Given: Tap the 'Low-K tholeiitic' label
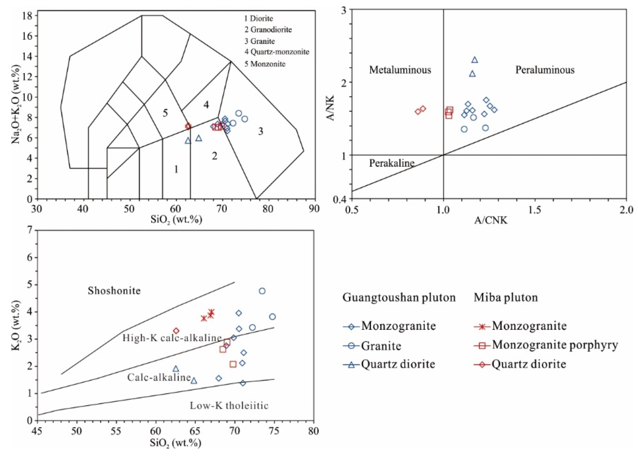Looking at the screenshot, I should [x=229, y=405].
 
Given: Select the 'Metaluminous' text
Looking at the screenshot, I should [x=400, y=70].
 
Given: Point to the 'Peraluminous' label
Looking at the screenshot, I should [x=545, y=70].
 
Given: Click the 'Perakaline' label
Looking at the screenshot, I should [x=391, y=163].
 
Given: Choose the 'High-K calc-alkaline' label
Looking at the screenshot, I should [x=172, y=338].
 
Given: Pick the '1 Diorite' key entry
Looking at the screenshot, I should [x=258, y=18].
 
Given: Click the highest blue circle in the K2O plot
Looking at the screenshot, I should [x=262, y=291].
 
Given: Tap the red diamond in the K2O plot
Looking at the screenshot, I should [x=176, y=331].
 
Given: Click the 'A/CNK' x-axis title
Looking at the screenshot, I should [x=491, y=220].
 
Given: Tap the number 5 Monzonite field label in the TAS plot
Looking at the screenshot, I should [x=165, y=113].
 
